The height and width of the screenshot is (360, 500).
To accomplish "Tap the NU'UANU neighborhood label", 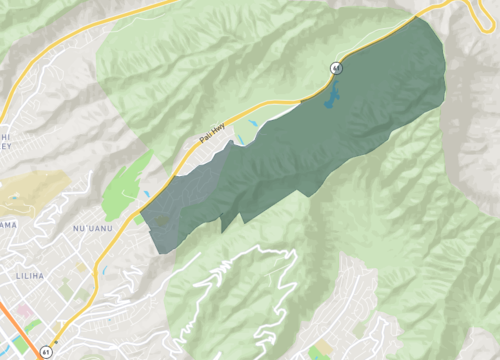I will pos(91,229).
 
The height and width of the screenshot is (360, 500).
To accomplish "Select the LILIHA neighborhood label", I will pos(31,273).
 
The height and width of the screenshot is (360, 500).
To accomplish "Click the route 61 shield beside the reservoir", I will pos(336,67).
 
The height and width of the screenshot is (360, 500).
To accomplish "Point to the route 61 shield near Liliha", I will pos(47,352).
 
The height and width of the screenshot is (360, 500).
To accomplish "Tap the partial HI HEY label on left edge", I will pos(4,141).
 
